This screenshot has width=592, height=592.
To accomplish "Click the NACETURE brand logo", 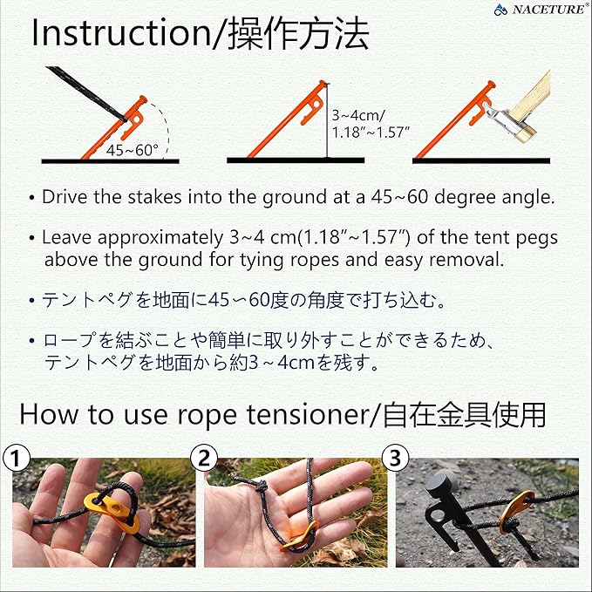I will coord(541,10).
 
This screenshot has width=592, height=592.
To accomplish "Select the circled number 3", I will coord(395,456).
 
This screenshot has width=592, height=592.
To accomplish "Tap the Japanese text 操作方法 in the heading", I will coord(299,35).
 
